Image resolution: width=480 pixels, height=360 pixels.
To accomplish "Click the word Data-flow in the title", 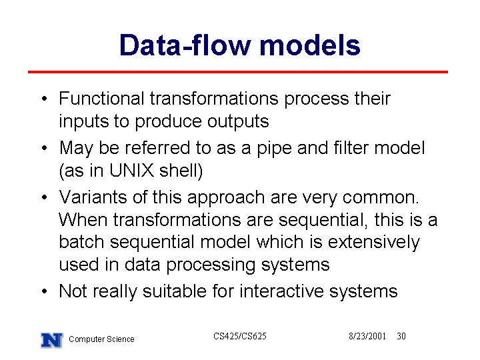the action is (185, 45).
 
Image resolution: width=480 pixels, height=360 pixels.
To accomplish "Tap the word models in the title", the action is (310, 45).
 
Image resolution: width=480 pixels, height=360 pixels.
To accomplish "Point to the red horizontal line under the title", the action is (238, 72).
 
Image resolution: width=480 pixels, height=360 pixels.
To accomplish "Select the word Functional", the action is (101, 99).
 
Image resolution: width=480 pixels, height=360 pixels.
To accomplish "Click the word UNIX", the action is (131, 170).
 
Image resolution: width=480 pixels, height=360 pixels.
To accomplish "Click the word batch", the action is (81, 242).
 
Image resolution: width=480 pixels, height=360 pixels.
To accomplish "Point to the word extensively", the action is (374, 243).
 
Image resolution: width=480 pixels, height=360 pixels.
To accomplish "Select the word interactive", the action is (281, 291).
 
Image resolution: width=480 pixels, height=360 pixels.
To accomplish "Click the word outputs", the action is (238, 122).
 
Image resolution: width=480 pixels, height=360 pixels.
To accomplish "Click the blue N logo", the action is (52, 340).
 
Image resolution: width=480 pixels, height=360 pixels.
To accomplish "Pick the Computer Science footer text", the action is (101, 339).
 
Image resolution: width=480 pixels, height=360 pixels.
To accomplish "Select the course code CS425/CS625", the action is (240, 336).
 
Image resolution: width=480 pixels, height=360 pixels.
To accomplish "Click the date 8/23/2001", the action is (367, 336).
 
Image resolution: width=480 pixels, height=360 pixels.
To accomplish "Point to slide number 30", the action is (401, 336).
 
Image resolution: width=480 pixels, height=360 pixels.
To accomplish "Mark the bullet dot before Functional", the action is (45, 99).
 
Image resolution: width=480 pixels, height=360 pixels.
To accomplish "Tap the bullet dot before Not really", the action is (45, 291).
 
